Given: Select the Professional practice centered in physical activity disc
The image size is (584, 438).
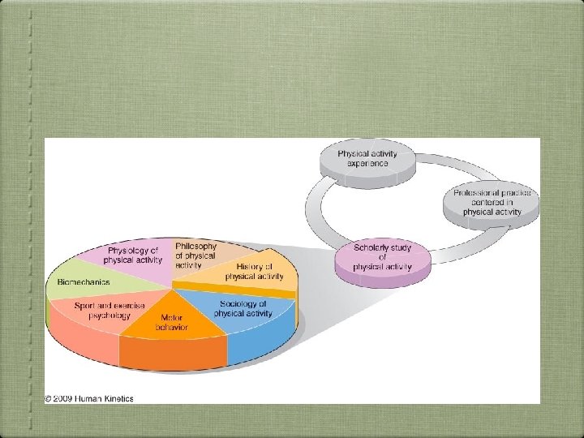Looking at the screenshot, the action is click(492, 202).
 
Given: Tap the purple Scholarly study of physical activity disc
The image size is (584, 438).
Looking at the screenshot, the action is click(382, 257).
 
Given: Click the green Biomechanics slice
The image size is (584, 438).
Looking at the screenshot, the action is click(85, 282).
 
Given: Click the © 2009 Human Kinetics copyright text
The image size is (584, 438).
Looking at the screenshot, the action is click(89, 398).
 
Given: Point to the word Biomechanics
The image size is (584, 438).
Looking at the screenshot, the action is click(83, 282).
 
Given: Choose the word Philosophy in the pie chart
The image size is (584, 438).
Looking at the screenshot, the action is click(195, 246).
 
